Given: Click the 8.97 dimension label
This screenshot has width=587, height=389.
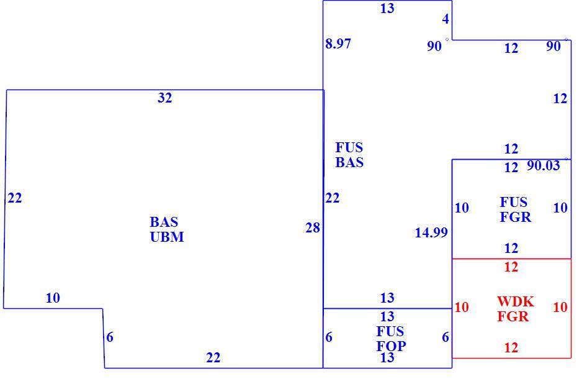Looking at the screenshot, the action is tap(338, 44).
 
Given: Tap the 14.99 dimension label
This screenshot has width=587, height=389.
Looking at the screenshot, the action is tap(431, 233).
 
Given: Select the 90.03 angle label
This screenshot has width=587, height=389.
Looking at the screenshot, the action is tap(543, 165).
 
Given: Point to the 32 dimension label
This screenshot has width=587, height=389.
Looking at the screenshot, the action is tap(164, 98).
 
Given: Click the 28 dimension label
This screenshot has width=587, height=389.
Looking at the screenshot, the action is tap(313, 228).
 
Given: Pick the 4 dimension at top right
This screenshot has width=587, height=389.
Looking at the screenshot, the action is tap(446, 19).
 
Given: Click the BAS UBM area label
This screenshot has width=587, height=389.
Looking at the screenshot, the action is tap(166, 229).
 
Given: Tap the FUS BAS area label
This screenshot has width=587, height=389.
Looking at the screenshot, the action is tap(349, 155).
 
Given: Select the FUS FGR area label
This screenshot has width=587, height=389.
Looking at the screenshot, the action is tap(515, 209).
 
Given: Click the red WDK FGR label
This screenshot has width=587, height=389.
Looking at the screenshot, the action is tap(515, 309).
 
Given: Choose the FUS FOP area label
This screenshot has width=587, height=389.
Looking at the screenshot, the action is tap(391, 339).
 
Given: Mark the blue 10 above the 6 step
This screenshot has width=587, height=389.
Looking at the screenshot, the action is tap(53, 298).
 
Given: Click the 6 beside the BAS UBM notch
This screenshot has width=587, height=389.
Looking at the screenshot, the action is tap(110, 337).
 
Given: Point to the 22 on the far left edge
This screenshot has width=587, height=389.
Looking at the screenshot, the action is tap(15, 198).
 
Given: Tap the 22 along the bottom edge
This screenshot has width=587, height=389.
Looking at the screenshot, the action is tap(213, 358).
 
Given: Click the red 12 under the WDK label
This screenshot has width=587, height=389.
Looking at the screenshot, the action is tap(511, 348).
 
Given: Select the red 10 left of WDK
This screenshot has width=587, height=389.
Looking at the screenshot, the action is tap(462, 308).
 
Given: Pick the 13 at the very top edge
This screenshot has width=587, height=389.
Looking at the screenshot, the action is tap(387, 8).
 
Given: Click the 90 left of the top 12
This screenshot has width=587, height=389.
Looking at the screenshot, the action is tap(434, 46).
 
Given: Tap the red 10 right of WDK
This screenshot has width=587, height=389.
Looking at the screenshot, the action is tap(560, 308).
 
